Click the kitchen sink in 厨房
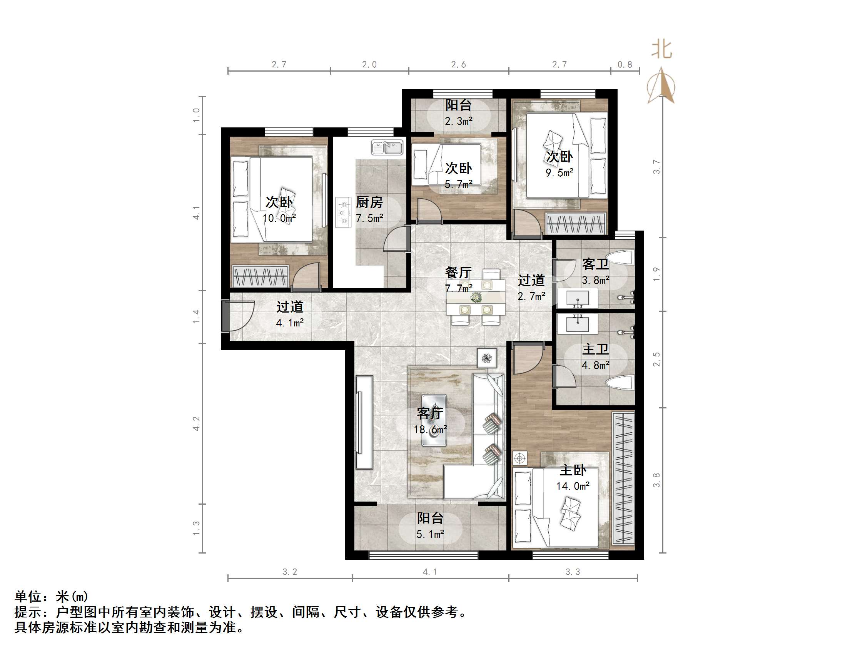(387, 148)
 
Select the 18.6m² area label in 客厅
(430, 430)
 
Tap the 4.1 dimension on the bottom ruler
(429, 572)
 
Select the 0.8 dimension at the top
(625, 65)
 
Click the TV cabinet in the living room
(364, 423)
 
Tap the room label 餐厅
(458, 272)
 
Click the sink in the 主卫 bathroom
(577, 324)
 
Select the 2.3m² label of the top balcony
(458, 121)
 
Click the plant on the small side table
(487, 358)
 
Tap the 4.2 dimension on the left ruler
(197, 424)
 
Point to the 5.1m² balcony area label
(430, 534)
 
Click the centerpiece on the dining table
(476, 298)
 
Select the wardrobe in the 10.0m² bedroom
(260, 276)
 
